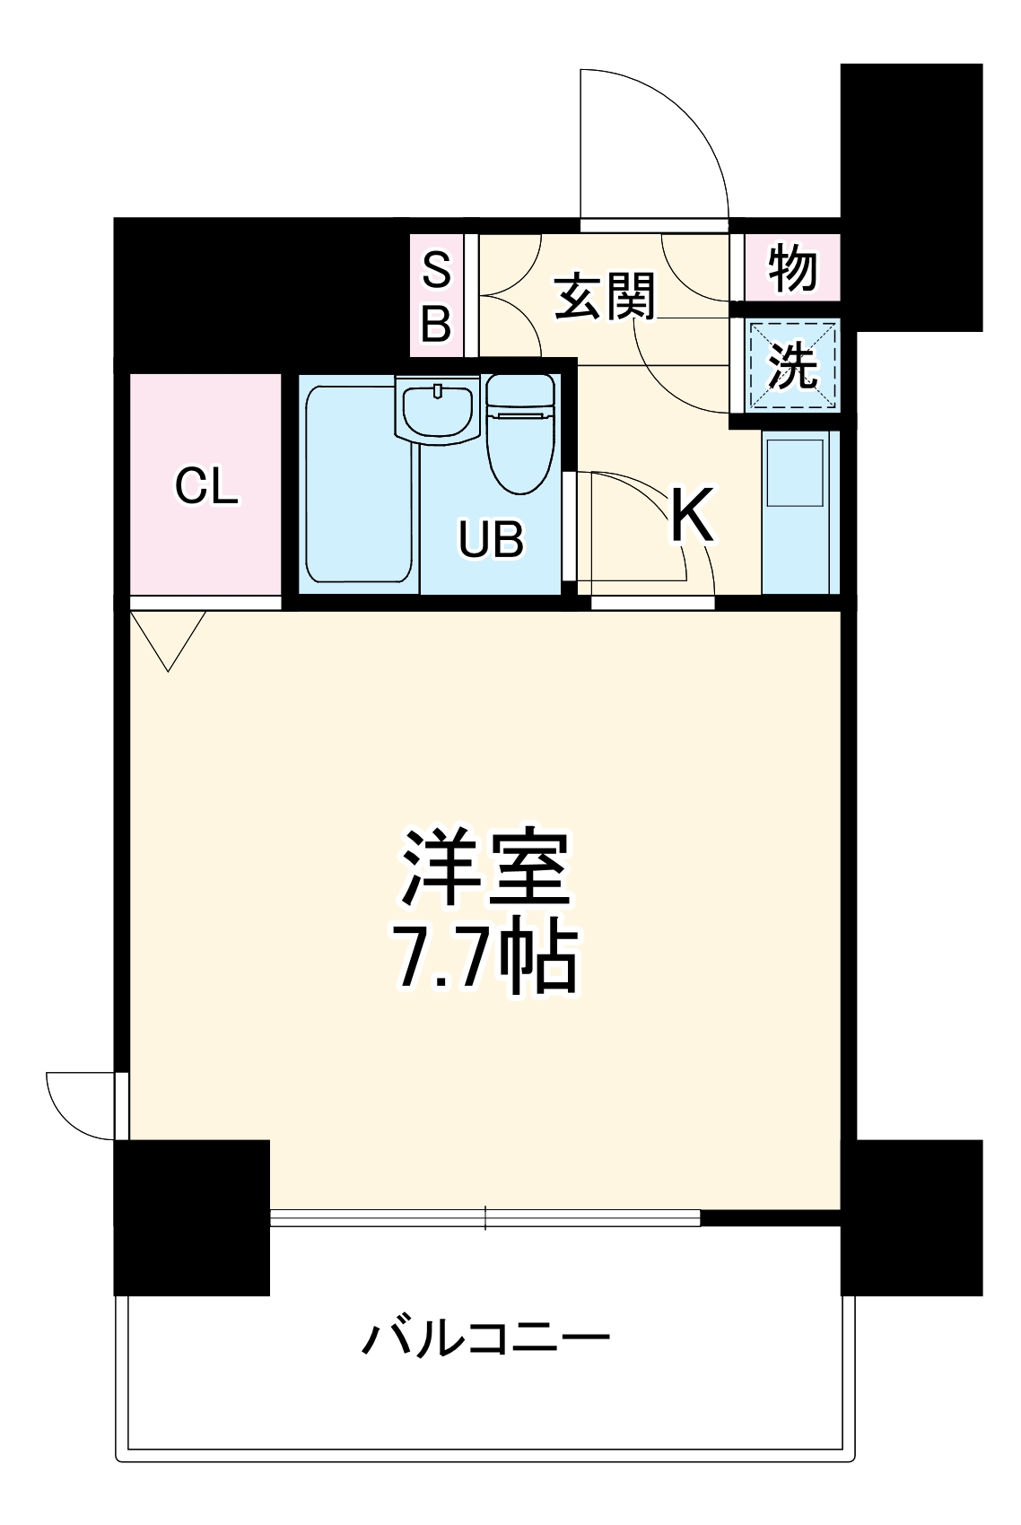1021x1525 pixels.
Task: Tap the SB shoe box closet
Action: [x=436, y=296]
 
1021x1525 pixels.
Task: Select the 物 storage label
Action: [x=793, y=267]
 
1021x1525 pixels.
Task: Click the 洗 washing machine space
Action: [x=793, y=366]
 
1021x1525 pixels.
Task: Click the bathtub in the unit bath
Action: [x=359, y=484]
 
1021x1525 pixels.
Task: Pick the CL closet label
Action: [x=206, y=486]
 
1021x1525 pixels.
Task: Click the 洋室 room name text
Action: [x=485, y=868]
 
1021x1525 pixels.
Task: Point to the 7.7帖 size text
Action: [x=485, y=958]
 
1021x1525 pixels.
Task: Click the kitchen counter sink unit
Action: [x=799, y=511]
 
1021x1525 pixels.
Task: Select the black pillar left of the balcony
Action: [x=192, y=1217]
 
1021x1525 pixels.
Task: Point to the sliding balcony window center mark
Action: [x=485, y=1217]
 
